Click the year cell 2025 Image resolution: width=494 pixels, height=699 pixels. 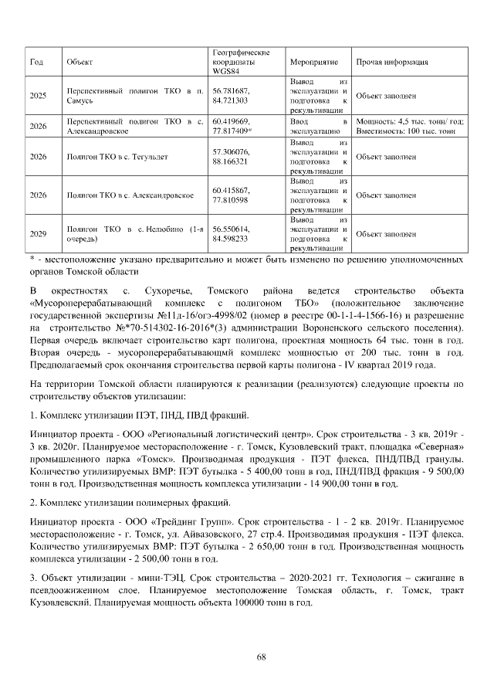pyautogui.click(x=38, y=96)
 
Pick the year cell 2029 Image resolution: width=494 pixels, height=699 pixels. pyautogui.click(x=38, y=233)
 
